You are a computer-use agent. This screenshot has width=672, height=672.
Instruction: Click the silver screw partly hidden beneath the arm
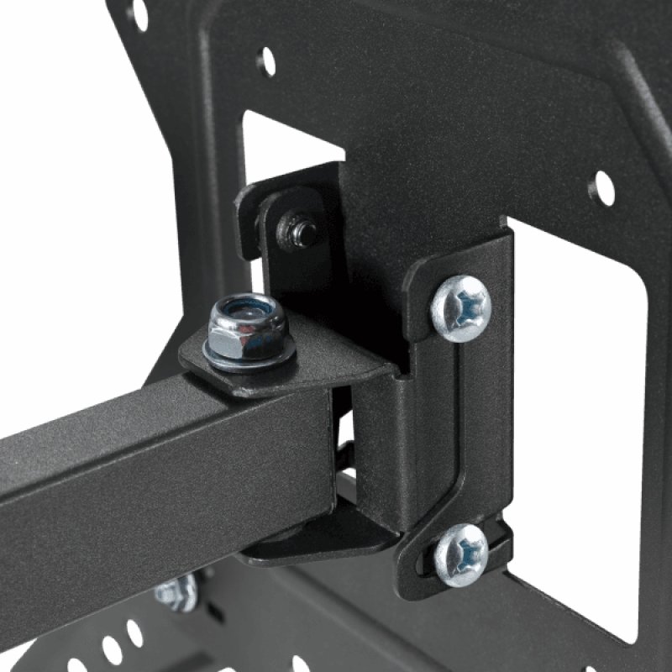click(176, 591)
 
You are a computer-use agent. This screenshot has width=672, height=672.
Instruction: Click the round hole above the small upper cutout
click(266, 60)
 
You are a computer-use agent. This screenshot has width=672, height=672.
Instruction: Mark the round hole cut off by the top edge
click(138, 12)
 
